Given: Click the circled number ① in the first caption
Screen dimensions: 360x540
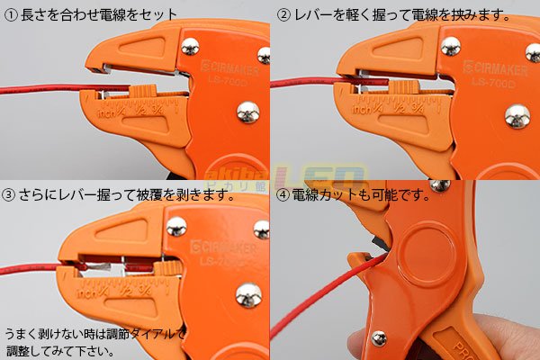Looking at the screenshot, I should coord(10,15).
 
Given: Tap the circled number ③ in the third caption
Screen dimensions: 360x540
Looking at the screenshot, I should coord(10,193).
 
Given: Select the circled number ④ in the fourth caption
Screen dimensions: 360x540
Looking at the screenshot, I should coord(283,193).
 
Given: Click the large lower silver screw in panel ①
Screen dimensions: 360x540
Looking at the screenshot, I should coord(247,112).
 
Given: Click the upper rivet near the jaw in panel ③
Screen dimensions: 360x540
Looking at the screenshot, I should coord(176,225).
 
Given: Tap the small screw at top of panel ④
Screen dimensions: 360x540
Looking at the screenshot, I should coord(440,185).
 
